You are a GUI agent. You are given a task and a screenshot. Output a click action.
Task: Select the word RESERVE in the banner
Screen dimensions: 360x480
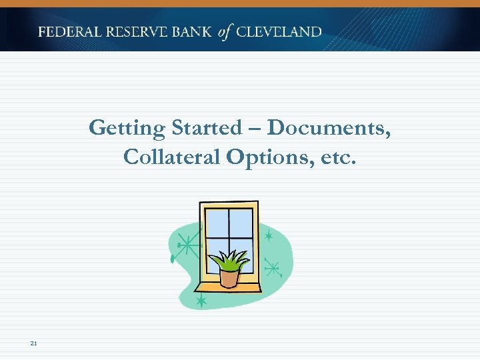pos(133,31)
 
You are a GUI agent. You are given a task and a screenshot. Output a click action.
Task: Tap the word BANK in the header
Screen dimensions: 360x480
pos(191,31)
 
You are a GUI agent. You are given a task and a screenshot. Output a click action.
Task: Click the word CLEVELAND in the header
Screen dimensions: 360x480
pos(279,31)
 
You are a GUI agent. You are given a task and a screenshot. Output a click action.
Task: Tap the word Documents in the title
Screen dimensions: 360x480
pos(329,127)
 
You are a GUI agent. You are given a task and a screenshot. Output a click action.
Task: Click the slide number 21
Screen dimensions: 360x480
pos(33,343)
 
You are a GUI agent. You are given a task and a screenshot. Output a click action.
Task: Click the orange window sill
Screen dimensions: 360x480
pos(230,288)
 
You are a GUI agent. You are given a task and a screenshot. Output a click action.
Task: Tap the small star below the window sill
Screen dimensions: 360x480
pos(201,301)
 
